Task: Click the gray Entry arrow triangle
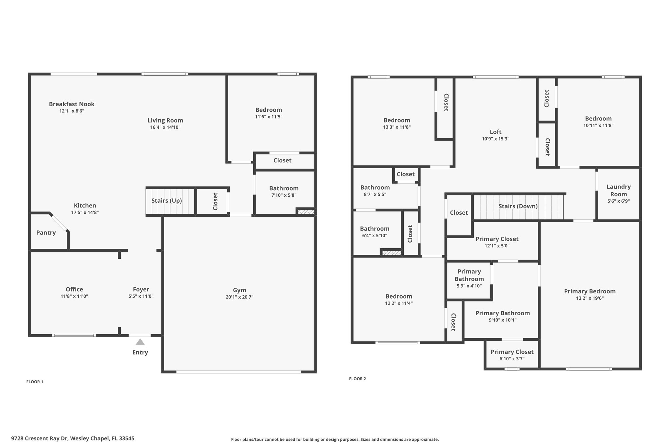click(140, 342)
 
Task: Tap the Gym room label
click(239, 290)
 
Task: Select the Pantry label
click(46, 233)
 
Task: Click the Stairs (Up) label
click(167, 201)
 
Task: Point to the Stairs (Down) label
click(518, 206)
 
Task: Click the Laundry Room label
click(618, 190)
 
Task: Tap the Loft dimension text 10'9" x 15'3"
click(496, 139)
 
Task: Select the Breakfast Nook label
click(72, 104)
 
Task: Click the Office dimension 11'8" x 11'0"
click(74, 296)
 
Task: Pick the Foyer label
click(141, 289)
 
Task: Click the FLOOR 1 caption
click(35, 382)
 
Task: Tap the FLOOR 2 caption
click(358, 379)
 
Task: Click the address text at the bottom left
click(73, 438)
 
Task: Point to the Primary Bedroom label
click(590, 291)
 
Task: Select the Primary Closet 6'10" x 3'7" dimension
click(512, 359)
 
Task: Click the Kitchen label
click(85, 206)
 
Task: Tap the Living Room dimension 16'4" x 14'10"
click(165, 127)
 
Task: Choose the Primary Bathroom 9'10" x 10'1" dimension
click(503, 320)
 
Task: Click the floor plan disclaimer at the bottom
click(335, 439)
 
